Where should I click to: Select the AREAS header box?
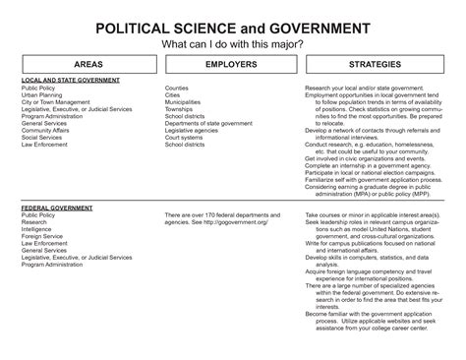click(83, 63)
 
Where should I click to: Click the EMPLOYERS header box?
click(232, 63)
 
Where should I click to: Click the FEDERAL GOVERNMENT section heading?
click(56, 209)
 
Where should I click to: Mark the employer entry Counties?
click(177, 87)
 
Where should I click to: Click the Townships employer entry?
click(180, 108)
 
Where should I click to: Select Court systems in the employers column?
click(184, 137)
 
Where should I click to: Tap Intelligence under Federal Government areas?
click(39, 230)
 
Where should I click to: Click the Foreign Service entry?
click(43, 237)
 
